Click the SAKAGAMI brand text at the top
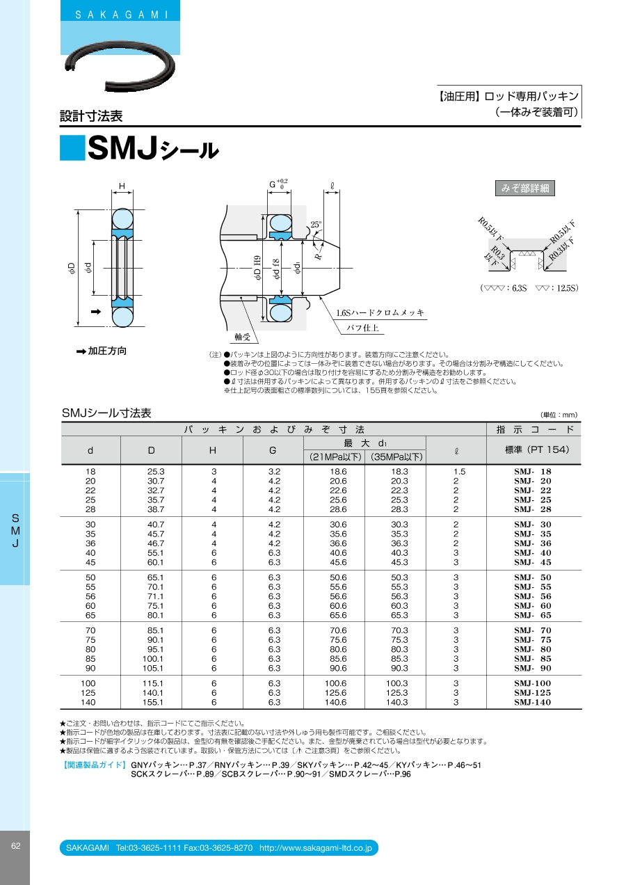122,15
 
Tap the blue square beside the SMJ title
72,147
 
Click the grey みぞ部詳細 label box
525,188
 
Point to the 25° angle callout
316,224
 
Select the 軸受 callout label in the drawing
242,337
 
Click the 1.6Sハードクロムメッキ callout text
380,312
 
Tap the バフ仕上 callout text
362,328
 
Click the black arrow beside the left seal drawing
95,312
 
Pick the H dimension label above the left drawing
122,186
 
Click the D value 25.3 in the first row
156,471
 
